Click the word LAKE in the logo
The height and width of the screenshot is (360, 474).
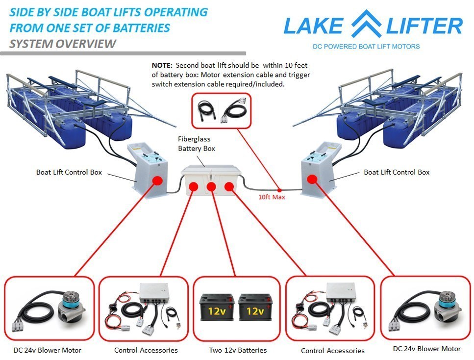(x=314, y=26)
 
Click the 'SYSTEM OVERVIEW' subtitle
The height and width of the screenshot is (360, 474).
(x=63, y=44)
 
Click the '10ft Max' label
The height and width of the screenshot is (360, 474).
(x=271, y=198)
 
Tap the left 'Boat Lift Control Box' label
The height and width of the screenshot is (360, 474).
(x=69, y=172)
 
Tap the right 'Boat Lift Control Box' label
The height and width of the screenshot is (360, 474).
(x=397, y=172)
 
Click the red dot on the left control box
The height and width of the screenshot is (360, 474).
(x=158, y=180)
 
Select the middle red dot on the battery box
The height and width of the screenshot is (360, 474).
(x=211, y=187)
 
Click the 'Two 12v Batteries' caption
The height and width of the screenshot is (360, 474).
(x=238, y=350)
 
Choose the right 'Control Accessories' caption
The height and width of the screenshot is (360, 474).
(x=333, y=351)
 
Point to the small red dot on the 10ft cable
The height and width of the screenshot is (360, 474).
(x=279, y=189)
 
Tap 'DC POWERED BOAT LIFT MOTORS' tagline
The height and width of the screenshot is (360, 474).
(x=366, y=47)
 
